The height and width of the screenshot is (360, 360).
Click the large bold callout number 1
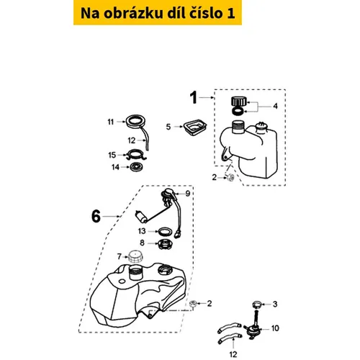[x=193, y=98]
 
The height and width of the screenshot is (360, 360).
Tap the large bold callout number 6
[x=96, y=216]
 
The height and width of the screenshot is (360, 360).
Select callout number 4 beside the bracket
[x=275, y=106]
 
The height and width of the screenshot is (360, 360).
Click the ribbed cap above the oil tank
[x=238, y=101]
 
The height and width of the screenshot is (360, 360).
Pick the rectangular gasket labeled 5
[x=195, y=127]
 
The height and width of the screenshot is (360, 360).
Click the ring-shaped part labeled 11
[x=136, y=121]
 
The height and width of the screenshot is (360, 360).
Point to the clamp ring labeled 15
[x=136, y=155]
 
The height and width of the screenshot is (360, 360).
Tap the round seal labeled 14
[x=136, y=167]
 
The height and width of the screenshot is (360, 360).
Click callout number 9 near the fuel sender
[x=188, y=194]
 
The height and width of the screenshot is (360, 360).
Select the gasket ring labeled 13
[x=165, y=232]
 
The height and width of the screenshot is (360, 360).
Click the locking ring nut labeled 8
[x=165, y=244]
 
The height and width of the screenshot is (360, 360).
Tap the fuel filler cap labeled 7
[x=135, y=256]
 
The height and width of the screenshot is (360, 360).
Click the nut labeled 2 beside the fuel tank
[x=193, y=304]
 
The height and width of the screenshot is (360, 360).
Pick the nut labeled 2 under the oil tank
[x=230, y=178]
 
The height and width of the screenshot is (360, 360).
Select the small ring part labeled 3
[x=257, y=305]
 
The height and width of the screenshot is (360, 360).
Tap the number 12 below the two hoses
[x=233, y=354]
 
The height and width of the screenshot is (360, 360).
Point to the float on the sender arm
[x=141, y=217]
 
